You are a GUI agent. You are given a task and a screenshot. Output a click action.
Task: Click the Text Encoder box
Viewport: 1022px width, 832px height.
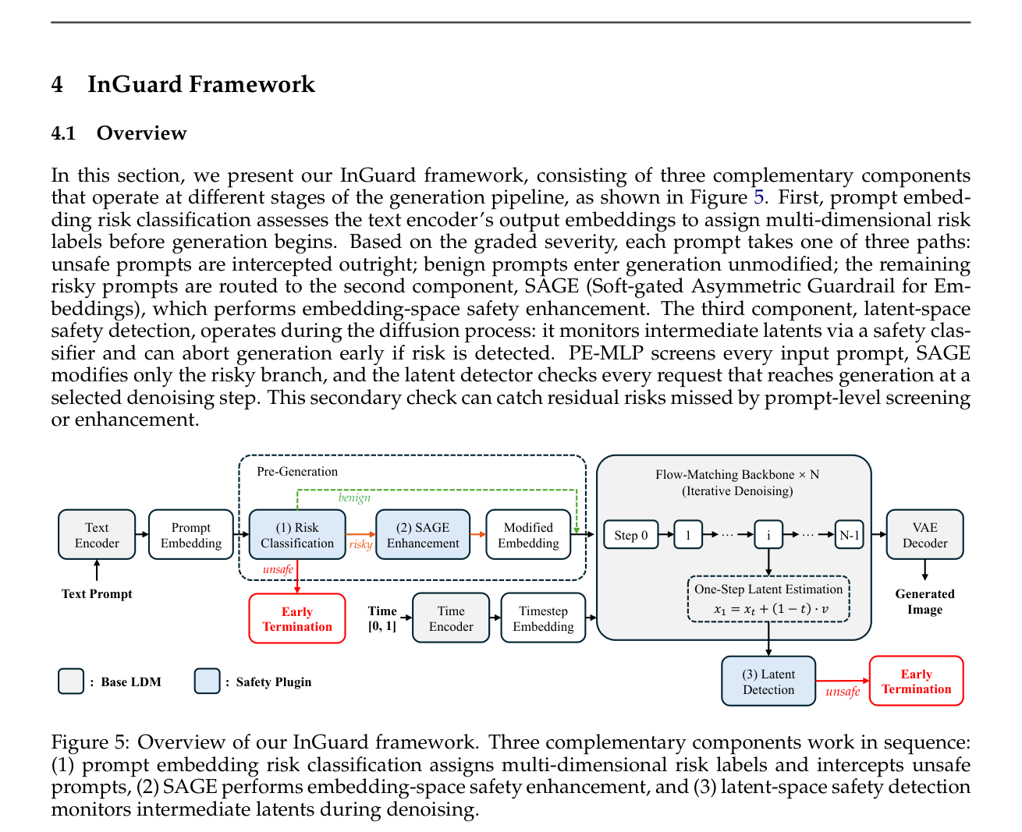[x=97, y=534]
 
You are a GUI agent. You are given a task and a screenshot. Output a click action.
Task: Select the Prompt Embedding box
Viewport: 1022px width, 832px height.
[x=191, y=534]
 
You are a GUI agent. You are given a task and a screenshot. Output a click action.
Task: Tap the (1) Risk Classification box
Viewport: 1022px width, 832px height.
[x=297, y=534]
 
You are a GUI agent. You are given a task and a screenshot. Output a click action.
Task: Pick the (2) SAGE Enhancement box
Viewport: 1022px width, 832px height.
[x=423, y=534]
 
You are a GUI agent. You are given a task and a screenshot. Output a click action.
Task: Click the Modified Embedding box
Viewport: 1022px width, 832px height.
[x=528, y=534]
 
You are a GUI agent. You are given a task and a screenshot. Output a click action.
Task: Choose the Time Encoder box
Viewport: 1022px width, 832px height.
[x=451, y=618]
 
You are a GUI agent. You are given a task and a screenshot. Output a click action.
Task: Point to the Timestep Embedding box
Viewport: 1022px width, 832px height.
[x=543, y=618]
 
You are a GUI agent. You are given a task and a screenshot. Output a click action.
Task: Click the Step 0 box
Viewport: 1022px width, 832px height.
[x=631, y=534]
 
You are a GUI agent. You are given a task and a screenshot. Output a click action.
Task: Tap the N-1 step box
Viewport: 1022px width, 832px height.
[x=849, y=534]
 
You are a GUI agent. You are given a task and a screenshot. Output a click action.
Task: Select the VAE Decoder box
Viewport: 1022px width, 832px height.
[x=924, y=534]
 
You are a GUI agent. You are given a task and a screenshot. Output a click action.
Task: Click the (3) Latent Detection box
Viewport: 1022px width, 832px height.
[x=768, y=681]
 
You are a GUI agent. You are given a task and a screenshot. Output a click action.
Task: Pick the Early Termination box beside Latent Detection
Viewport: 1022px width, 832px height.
[x=916, y=681]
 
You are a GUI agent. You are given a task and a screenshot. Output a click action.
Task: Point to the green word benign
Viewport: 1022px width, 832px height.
[x=354, y=497]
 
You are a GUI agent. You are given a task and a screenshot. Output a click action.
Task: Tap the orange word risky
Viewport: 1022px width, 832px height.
[x=360, y=544]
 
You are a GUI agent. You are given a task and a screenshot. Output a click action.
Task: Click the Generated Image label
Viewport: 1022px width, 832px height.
[x=924, y=601]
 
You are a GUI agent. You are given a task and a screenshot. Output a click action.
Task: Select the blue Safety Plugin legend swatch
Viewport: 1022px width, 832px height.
[x=208, y=681]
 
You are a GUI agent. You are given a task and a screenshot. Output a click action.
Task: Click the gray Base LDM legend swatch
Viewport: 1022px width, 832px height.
[x=71, y=681]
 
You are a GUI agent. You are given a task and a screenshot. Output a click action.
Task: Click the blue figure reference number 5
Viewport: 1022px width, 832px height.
[x=758, y=197]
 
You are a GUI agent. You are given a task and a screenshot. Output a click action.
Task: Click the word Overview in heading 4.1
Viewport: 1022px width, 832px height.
[x=141, y=133]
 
